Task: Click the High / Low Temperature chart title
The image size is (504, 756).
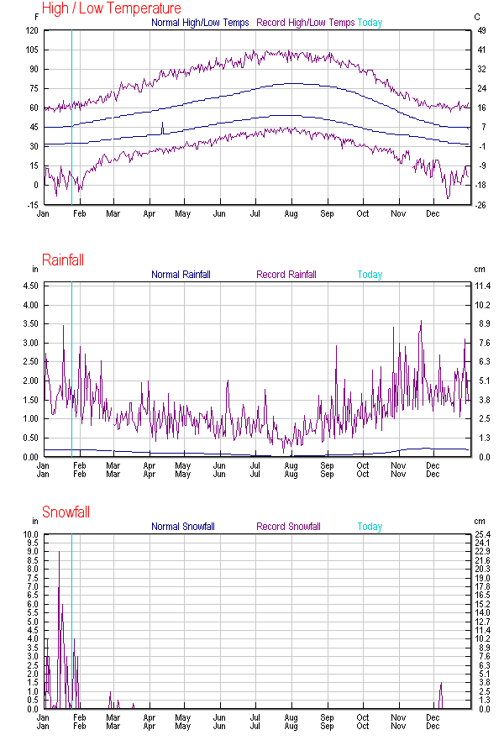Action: click(111, 8)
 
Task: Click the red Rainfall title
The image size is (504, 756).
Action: click(63, 260)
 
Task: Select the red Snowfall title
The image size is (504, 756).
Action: click(66, 512)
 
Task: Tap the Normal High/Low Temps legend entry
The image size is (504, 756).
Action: click(200, 23)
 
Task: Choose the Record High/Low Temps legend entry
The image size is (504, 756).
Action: click(305, 23)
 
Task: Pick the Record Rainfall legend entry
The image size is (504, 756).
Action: click(286, 275)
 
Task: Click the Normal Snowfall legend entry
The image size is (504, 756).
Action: click(183, 527)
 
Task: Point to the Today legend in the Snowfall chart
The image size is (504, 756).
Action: click(370, 527)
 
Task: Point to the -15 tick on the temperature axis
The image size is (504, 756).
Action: click(30, 205)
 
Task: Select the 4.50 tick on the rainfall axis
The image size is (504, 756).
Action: click(29, 286)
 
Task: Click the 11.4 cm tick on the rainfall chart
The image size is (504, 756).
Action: click(482, 286)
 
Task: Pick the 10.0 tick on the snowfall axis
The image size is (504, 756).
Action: click(30, 534)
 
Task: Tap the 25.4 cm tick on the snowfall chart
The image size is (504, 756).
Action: click(482, 534)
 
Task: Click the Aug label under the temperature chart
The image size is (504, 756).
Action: click(291, 213)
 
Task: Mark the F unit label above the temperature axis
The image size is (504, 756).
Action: click(36, 16)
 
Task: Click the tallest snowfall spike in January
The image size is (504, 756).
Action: click(59, 553)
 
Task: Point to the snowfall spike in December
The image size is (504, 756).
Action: click(441, 685)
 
